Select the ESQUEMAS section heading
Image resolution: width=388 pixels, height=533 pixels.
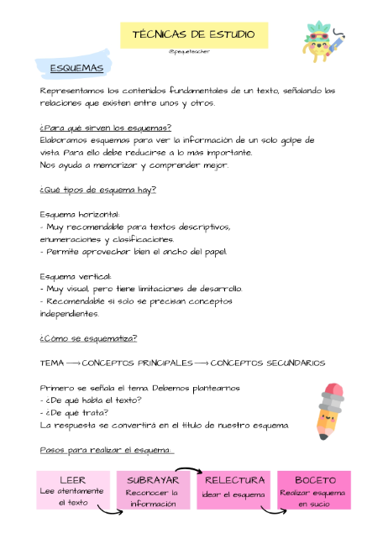click(76, 67)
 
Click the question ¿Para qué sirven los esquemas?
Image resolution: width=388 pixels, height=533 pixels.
click(105, 128)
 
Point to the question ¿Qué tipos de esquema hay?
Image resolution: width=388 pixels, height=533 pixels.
click(97, 190)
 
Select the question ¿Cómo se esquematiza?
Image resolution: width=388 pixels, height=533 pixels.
click(88, 338)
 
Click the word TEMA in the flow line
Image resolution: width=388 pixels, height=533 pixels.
click(51, 363)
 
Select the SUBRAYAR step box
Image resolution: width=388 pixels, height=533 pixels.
click(153, 490)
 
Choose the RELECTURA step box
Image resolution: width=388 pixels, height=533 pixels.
click(234, 490)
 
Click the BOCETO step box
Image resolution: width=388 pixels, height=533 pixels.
click(315, 490)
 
